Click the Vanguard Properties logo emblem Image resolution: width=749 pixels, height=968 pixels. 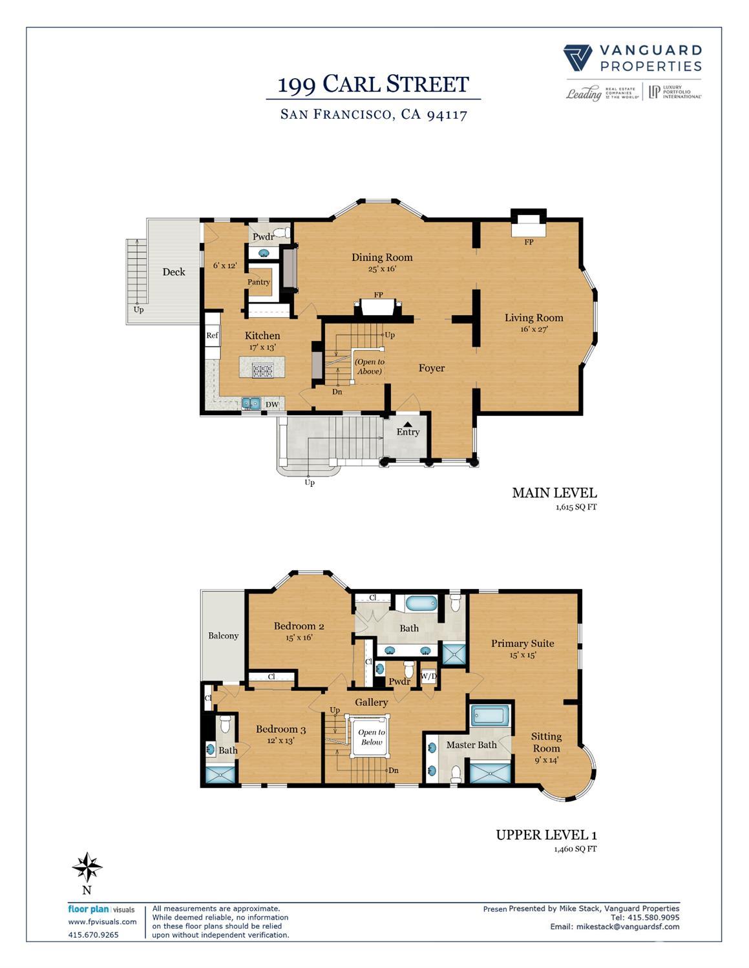tap(577, 57)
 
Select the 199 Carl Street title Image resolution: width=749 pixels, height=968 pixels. tap(373, 84)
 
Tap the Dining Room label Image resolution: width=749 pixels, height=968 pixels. tap(381, 257)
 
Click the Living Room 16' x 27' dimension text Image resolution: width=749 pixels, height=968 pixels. tap(533, 329)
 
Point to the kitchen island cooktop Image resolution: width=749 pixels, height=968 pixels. tap(263, 370)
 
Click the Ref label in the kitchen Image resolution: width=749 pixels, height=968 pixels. tap(212, 335)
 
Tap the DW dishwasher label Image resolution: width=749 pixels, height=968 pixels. tap(272, 405)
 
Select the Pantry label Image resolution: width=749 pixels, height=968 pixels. tap(259, 282)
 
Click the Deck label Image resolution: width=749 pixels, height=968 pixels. tap(173, 272)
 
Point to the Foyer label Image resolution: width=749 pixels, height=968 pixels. tap(431, 368)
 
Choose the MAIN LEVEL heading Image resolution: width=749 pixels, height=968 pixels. tap(554, 493)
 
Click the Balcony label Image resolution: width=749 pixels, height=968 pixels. tap(223, 636)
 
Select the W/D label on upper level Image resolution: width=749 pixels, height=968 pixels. tap(428, 676)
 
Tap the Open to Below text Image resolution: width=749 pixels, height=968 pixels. tap(371, 737)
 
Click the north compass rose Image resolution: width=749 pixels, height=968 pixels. tap(87, 867)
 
